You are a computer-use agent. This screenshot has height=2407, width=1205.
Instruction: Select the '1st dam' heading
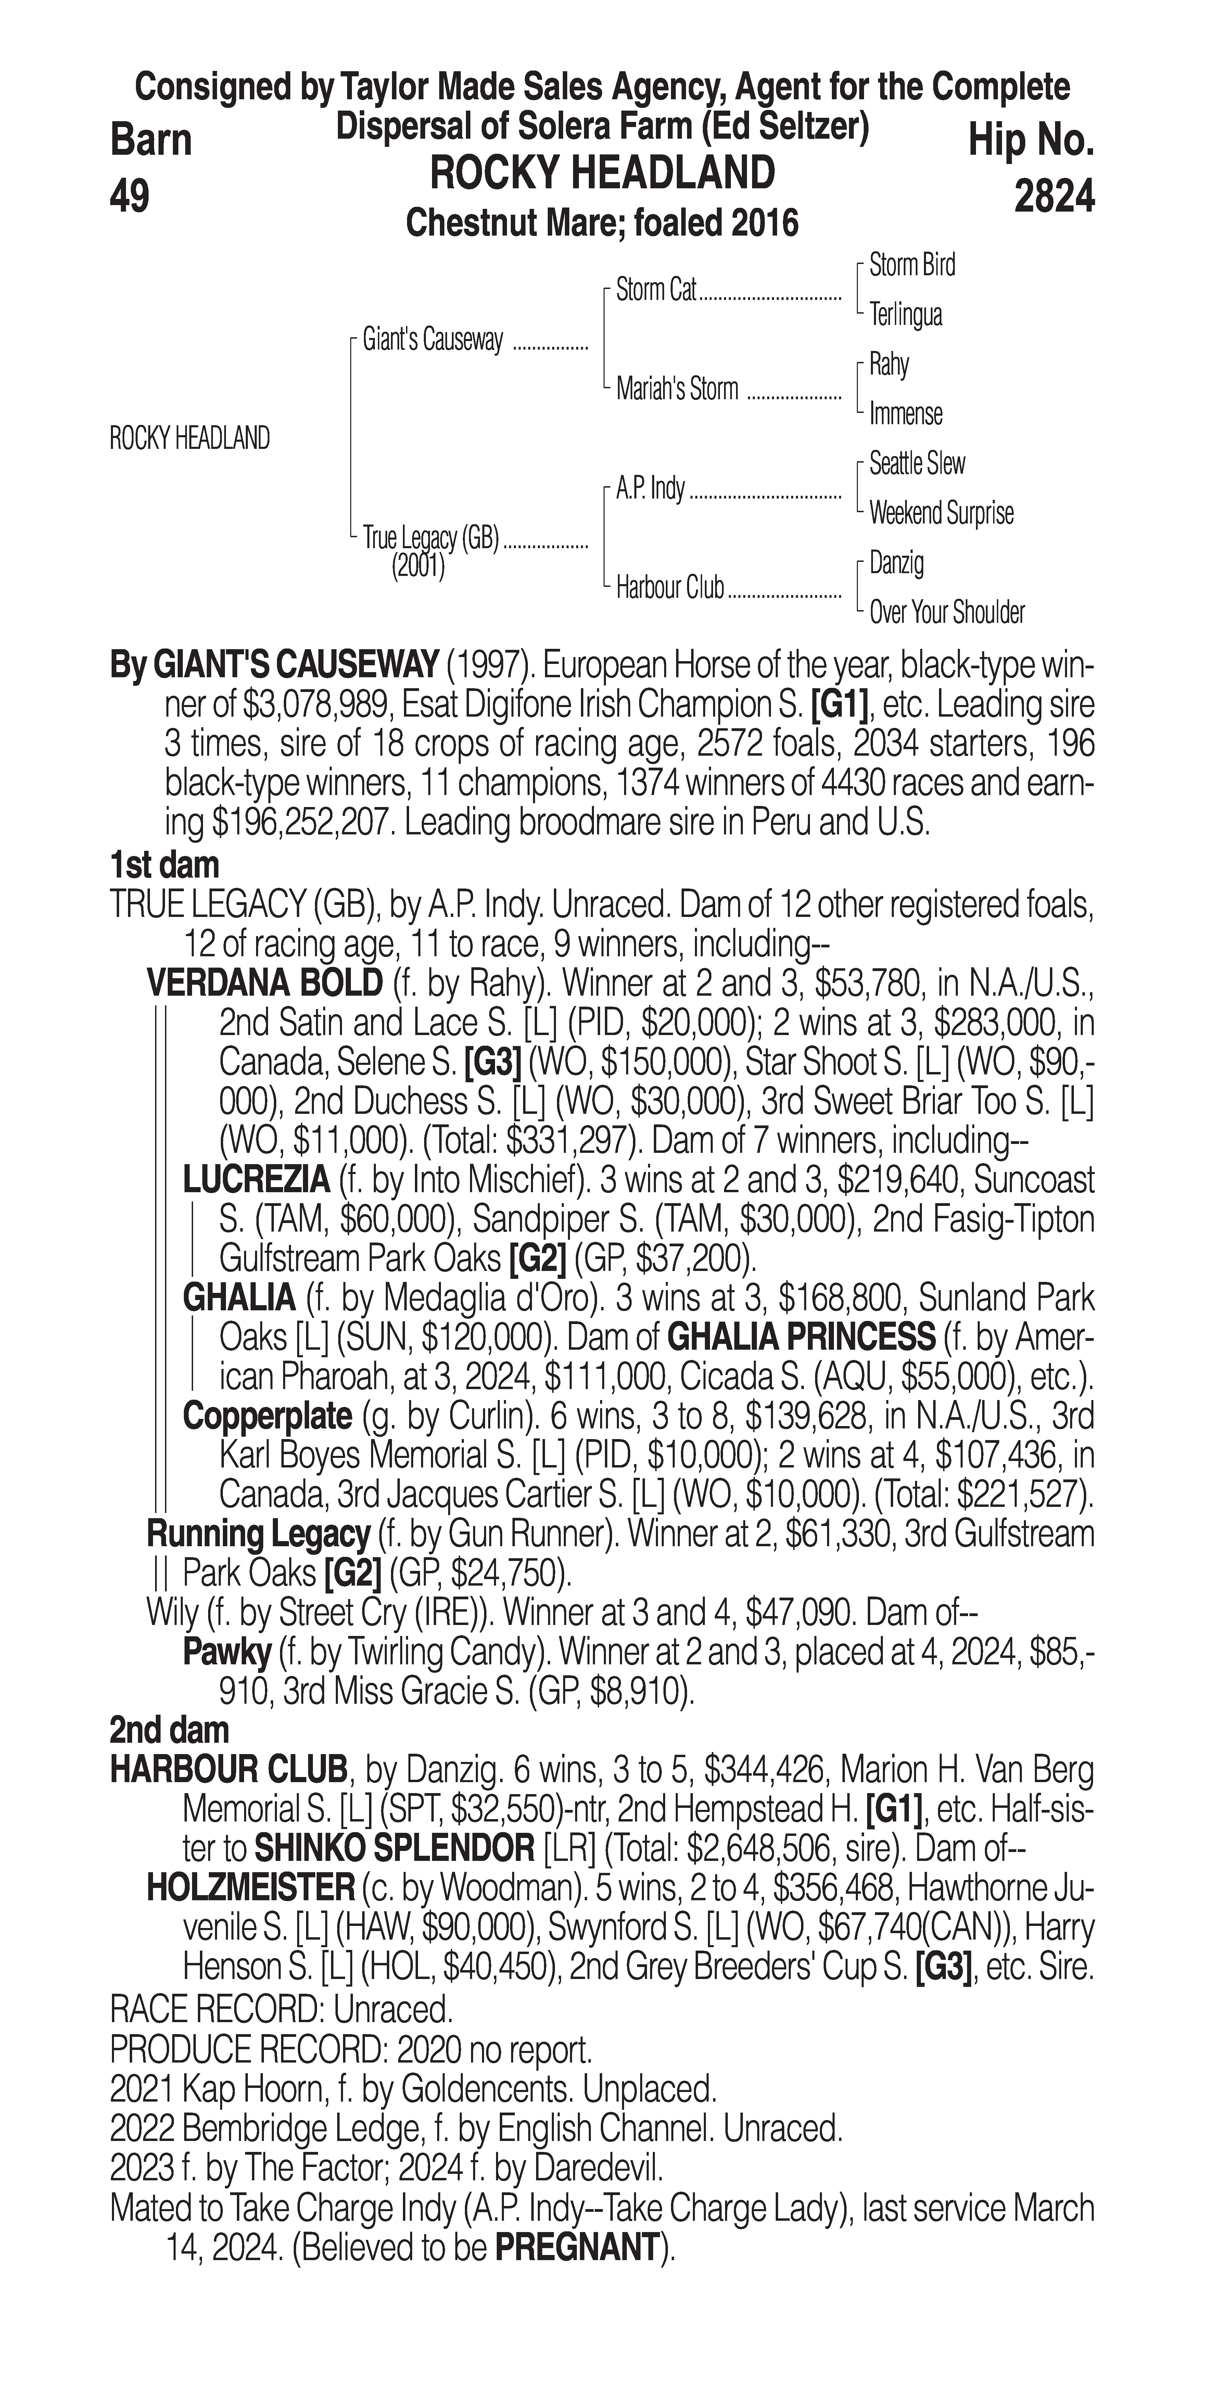(164, 865)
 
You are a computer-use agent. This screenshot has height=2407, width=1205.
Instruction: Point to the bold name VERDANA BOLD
(264, 983)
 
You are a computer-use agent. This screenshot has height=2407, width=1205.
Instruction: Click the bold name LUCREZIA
(256, 1180)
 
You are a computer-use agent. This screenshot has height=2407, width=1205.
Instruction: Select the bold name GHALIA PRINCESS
(801, 1337)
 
